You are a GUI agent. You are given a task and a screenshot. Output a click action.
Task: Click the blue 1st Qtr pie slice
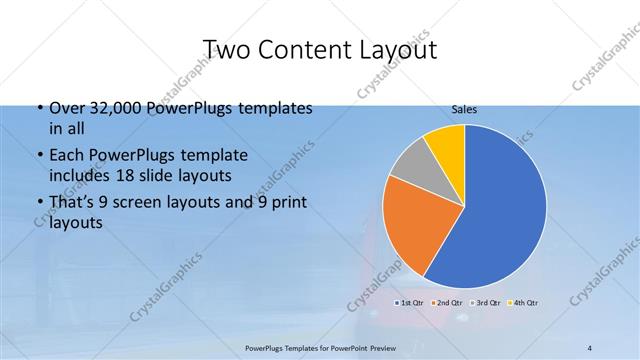[500, 210]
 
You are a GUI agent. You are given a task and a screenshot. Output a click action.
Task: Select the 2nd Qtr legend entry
[447, 301]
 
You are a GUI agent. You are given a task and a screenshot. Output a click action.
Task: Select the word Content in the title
[306, 49]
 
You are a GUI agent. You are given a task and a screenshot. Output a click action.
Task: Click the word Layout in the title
[400, 49]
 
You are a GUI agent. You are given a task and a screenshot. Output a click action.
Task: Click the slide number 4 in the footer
[590, 348]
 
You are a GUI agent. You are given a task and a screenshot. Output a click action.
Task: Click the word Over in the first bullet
[64, 108]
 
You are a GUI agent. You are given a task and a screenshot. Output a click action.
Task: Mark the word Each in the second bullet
[64, 156]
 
